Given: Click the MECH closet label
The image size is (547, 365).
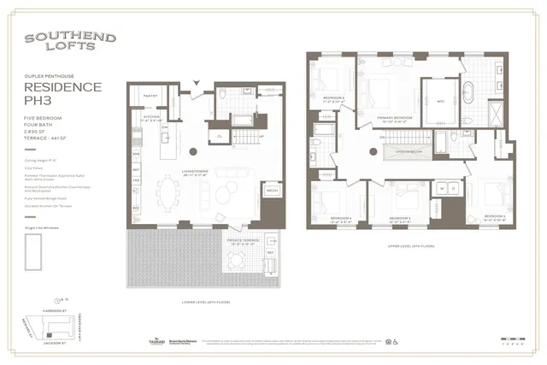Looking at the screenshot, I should pos(273,191).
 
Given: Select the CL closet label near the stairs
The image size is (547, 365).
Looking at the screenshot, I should pos(220,135).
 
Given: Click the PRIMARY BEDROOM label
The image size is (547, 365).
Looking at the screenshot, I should pos(385,120).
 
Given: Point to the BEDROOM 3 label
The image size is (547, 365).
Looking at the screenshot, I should pos(401,219).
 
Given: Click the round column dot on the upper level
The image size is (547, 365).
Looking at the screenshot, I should pos(374,151).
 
